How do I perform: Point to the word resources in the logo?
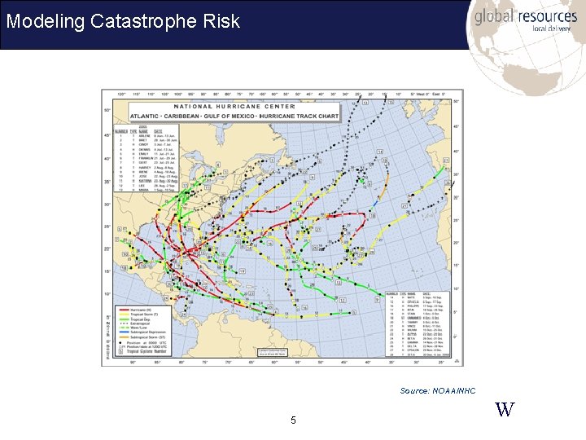click(549, 16)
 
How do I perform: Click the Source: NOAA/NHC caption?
click(437, 391)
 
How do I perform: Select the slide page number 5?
click(293, 420)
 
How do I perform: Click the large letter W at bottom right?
click(505, 409)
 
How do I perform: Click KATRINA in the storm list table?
click(147, 181)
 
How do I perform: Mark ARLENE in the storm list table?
click(147, 134)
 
